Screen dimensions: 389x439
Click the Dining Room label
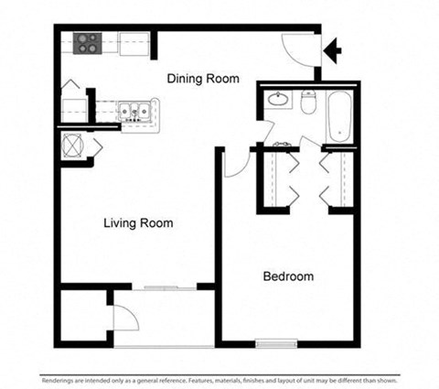pos(203,80)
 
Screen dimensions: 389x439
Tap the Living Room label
pos(138,223)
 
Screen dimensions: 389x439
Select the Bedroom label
pos(289,276)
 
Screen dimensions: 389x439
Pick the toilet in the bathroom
pos(309,102)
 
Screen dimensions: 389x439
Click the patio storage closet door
pos(124,317)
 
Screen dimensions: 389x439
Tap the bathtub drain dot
pos(340,134)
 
